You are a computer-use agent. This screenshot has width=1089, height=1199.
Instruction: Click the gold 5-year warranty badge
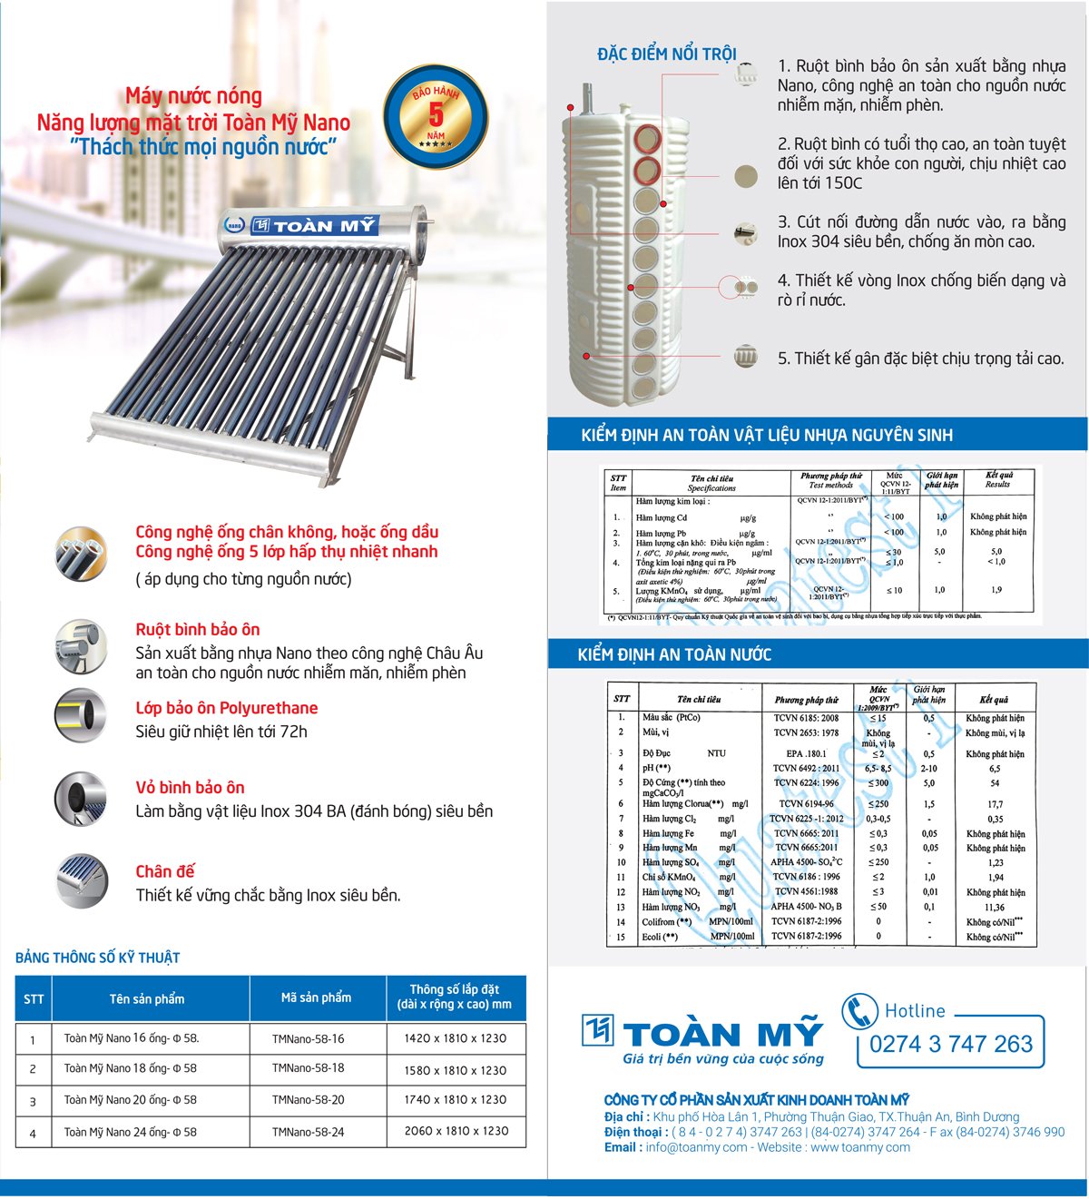pos(436,116)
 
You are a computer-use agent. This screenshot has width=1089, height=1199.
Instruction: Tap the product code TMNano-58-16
pos(308,1039)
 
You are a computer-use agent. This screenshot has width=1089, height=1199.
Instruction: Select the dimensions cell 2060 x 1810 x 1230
pos(456,1131)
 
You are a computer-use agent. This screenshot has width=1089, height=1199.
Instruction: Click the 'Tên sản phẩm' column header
pos(147,998)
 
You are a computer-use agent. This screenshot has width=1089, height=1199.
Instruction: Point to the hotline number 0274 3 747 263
pos(950,1045)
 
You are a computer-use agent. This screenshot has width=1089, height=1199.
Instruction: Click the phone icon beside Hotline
pos(859,1011)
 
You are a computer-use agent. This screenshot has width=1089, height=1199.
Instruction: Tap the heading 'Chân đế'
pos(165,871)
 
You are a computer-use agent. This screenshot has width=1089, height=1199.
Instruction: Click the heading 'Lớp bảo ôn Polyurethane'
pos(226,708)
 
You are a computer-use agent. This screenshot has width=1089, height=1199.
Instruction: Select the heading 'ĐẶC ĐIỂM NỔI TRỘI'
pos(666,54)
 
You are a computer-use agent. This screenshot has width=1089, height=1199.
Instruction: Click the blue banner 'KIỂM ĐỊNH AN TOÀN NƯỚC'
pos(674,654)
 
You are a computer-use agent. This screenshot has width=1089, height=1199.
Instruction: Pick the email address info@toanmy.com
pos(696,1147)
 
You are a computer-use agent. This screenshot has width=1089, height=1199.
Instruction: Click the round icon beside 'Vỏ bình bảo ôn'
pos(81,798)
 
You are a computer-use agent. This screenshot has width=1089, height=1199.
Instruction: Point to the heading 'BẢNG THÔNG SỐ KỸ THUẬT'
pos(98,958)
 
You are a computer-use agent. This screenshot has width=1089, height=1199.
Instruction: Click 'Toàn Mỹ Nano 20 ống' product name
pos(130,1100)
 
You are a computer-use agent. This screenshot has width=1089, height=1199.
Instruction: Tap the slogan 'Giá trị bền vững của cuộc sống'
pos(722,1058)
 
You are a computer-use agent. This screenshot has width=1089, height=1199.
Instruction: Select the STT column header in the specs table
pos(34,998)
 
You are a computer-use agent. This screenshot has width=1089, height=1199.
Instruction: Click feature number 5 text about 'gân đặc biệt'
pos(920,359)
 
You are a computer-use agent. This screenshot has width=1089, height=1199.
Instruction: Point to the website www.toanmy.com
pos(859,1147)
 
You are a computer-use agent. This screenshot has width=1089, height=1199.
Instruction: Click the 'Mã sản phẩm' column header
pos(316,998)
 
